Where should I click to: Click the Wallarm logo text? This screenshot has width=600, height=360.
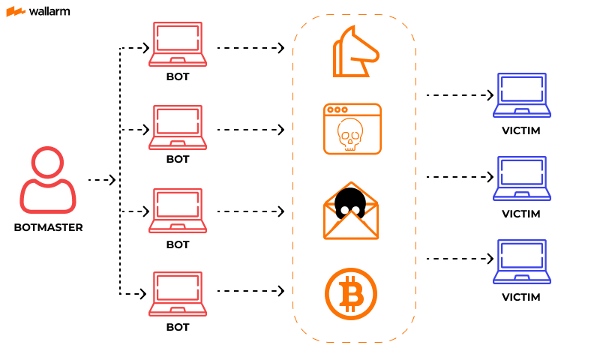[50, 11]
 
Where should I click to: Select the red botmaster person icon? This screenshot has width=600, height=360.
[48, 180]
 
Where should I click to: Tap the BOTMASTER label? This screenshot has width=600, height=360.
[48, 227]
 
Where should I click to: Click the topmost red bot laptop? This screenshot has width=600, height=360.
[178, 44]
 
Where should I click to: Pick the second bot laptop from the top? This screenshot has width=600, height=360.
[178, 127]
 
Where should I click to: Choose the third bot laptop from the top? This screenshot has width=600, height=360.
[178, 211]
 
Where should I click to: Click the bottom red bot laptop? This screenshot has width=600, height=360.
[178, 294]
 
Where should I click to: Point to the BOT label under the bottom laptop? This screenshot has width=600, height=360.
[178, 327]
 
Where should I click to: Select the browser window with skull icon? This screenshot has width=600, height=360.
[352, 129]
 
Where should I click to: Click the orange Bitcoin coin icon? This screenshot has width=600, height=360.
[351, 294]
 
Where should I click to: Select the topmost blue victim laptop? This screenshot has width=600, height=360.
[521, 95]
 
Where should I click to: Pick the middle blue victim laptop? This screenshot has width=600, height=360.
[521, 178]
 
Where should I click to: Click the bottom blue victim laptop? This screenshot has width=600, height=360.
[521, 262]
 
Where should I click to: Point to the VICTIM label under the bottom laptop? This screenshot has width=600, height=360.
[521, 297]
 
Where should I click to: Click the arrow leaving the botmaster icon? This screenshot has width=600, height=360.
[102, 180]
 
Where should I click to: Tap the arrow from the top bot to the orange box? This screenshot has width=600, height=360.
[250, 48]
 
